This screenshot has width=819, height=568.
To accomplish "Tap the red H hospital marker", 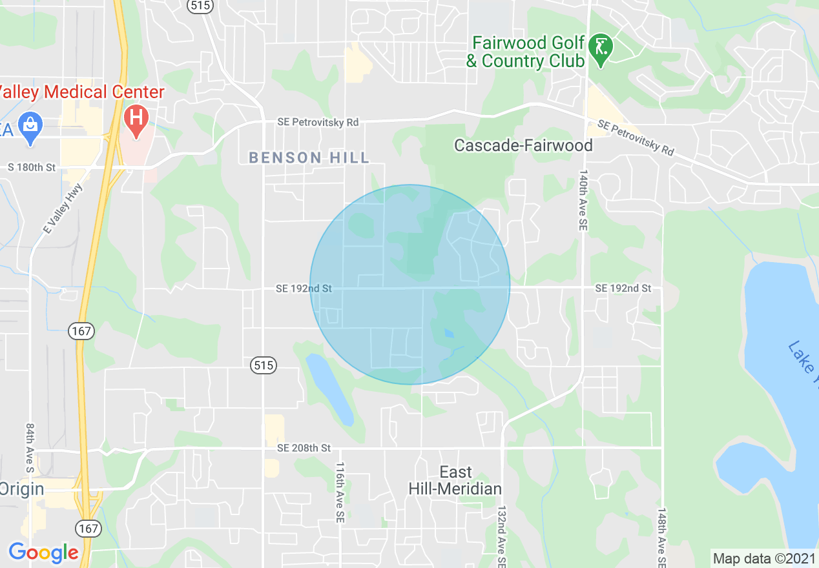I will coord(136,118).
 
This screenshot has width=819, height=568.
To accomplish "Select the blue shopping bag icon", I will coord(30,123).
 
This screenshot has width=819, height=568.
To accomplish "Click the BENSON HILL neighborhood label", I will coord(309,157).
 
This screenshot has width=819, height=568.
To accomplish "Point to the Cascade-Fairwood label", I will coord(523,145).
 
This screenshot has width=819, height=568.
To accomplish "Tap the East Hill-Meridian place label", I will coord(455,480).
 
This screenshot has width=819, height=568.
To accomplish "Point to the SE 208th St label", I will coord(304,447).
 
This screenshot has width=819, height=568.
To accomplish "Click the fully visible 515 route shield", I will coord(264,366).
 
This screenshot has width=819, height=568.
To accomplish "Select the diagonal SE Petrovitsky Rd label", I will coord(636,138).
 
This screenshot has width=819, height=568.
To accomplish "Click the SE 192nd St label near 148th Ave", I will coord(623,288).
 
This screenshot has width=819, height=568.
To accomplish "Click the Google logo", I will coord(43,553).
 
